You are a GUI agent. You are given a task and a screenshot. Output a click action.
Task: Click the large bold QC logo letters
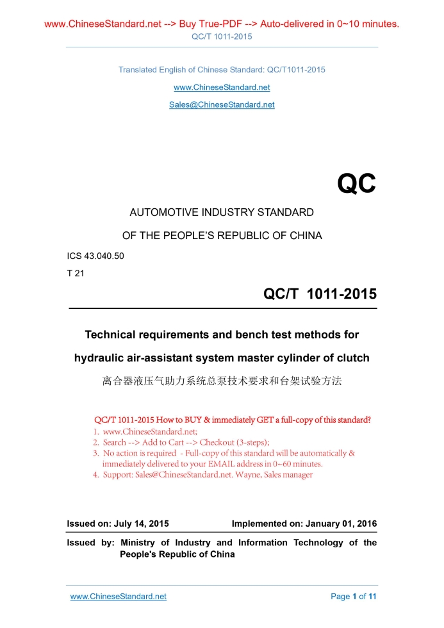(356, 184)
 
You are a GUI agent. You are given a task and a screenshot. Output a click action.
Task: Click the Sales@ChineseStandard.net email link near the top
(222, 104)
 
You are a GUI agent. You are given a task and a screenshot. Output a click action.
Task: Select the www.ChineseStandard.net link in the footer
(118, 597)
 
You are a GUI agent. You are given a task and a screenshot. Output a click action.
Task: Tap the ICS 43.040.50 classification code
(95, 256)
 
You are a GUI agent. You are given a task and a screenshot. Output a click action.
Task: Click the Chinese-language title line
(222, 381)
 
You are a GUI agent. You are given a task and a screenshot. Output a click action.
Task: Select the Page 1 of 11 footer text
(353, 597)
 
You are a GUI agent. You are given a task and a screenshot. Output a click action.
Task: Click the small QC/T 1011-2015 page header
(222, 37)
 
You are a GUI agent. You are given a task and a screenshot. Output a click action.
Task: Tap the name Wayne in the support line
(247, 475)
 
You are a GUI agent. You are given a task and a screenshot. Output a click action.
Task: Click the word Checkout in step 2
(218, 442)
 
